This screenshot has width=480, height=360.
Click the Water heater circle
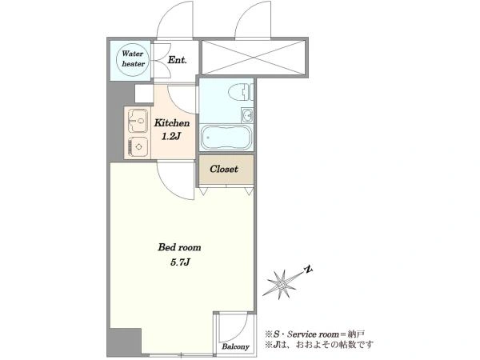(x=133, y=59)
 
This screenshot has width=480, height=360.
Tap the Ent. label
(x=177, y=60)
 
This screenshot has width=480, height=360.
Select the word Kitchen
(x=172, y=123)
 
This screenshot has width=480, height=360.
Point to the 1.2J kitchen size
(x=171, y=136)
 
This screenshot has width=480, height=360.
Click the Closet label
(x=224, y=169)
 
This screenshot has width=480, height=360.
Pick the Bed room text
(x=179, y=247)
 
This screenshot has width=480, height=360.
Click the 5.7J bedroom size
(x=180, y=262)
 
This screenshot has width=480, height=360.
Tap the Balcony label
(x=235, y=347)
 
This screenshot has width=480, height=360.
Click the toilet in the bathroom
(x=241, y=92)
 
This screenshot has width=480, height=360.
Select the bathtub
(x=226, y=138)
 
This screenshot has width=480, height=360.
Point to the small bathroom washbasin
(x=247, y=115)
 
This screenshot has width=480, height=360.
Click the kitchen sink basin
(x=138, y=121)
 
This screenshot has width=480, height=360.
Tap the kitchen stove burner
(x=138, y=147)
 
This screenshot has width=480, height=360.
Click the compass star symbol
(x=282, y=285)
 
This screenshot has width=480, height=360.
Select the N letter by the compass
(x=309, y=270)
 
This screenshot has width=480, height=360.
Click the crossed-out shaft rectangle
(x=254, y=58)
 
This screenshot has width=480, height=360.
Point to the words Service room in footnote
(x=313, y=334)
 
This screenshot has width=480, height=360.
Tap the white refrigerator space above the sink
(x=144, y=94)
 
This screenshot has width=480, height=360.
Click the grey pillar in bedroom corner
(x=126, y=342)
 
